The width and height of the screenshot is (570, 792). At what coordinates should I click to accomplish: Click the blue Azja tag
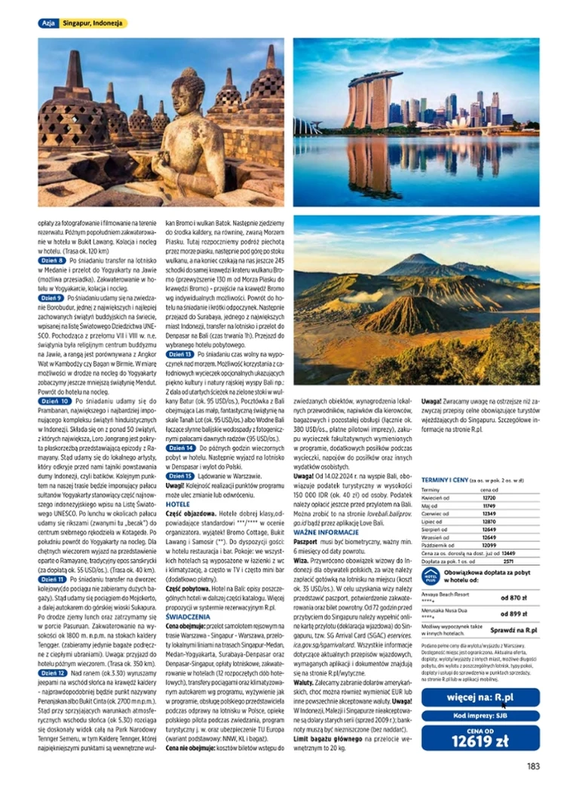tap(48, 23)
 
